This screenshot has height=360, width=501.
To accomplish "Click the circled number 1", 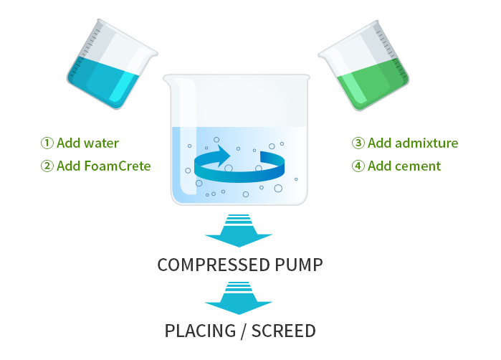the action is point(47,143).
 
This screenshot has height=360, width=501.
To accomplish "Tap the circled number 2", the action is point(47,166).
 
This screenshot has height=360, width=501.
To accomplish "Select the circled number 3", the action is point(358,143).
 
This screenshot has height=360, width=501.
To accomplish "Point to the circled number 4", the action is point(358,166).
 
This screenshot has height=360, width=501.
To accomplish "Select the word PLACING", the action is point(201,331).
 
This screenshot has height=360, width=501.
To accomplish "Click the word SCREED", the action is point(284,331).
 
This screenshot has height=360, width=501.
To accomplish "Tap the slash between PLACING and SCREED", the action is point(244,331).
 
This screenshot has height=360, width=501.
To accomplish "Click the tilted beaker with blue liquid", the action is point(112,64).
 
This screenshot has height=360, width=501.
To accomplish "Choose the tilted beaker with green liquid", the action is point(364,65).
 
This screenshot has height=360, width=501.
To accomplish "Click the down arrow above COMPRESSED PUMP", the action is point(239,231).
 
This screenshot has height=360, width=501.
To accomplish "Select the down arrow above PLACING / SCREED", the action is point(239,298).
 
